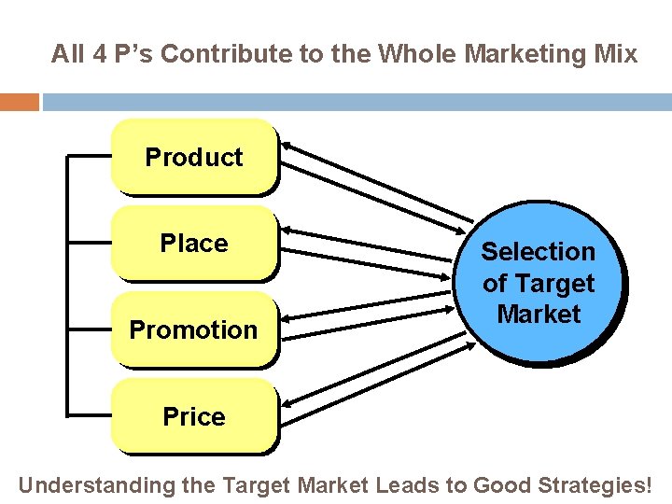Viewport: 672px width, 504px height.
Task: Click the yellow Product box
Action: [x=194, y=156]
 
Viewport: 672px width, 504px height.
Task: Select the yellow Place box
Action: [x=194, y=243]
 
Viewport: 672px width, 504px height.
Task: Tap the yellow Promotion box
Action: [x=194, y=329]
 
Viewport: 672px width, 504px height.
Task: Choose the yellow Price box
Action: [x=194, y=416]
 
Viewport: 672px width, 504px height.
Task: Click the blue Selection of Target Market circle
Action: [x=539, y=282]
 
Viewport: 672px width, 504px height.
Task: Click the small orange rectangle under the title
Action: [x=19, y=102]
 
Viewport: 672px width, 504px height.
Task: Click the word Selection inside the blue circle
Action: [x=538, y=251]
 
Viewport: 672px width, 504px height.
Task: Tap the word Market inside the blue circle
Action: [x=539, y=314]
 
